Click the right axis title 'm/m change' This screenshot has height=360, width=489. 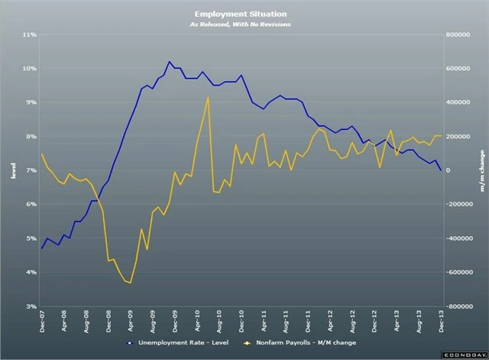pyautogui.click(x=481, y=170)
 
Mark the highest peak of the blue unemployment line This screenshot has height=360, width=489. pyautogui.click(x=170, y=61)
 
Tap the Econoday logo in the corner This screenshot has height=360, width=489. pyautogui.click(x=465, y=355)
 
